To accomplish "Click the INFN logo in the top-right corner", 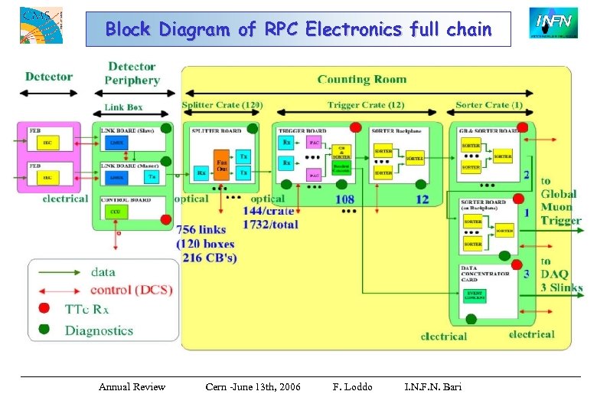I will point(550,23).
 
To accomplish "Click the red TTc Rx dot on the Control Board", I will point(165,219).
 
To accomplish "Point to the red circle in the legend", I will point(45,309).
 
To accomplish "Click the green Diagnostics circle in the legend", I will point(45,330).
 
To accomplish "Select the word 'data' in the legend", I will point(103,271).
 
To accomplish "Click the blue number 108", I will point(344,199).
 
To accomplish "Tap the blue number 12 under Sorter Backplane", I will point(422,199).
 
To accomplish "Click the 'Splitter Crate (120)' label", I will point(223,105).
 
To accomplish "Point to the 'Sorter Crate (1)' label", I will point(489,105).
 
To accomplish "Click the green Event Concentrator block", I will point(475,295).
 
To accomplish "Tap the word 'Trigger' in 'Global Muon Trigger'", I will point(561,220).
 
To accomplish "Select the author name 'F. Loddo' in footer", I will point(352,386).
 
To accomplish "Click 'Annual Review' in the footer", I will point(132,386).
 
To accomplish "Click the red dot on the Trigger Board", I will point(355,127).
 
